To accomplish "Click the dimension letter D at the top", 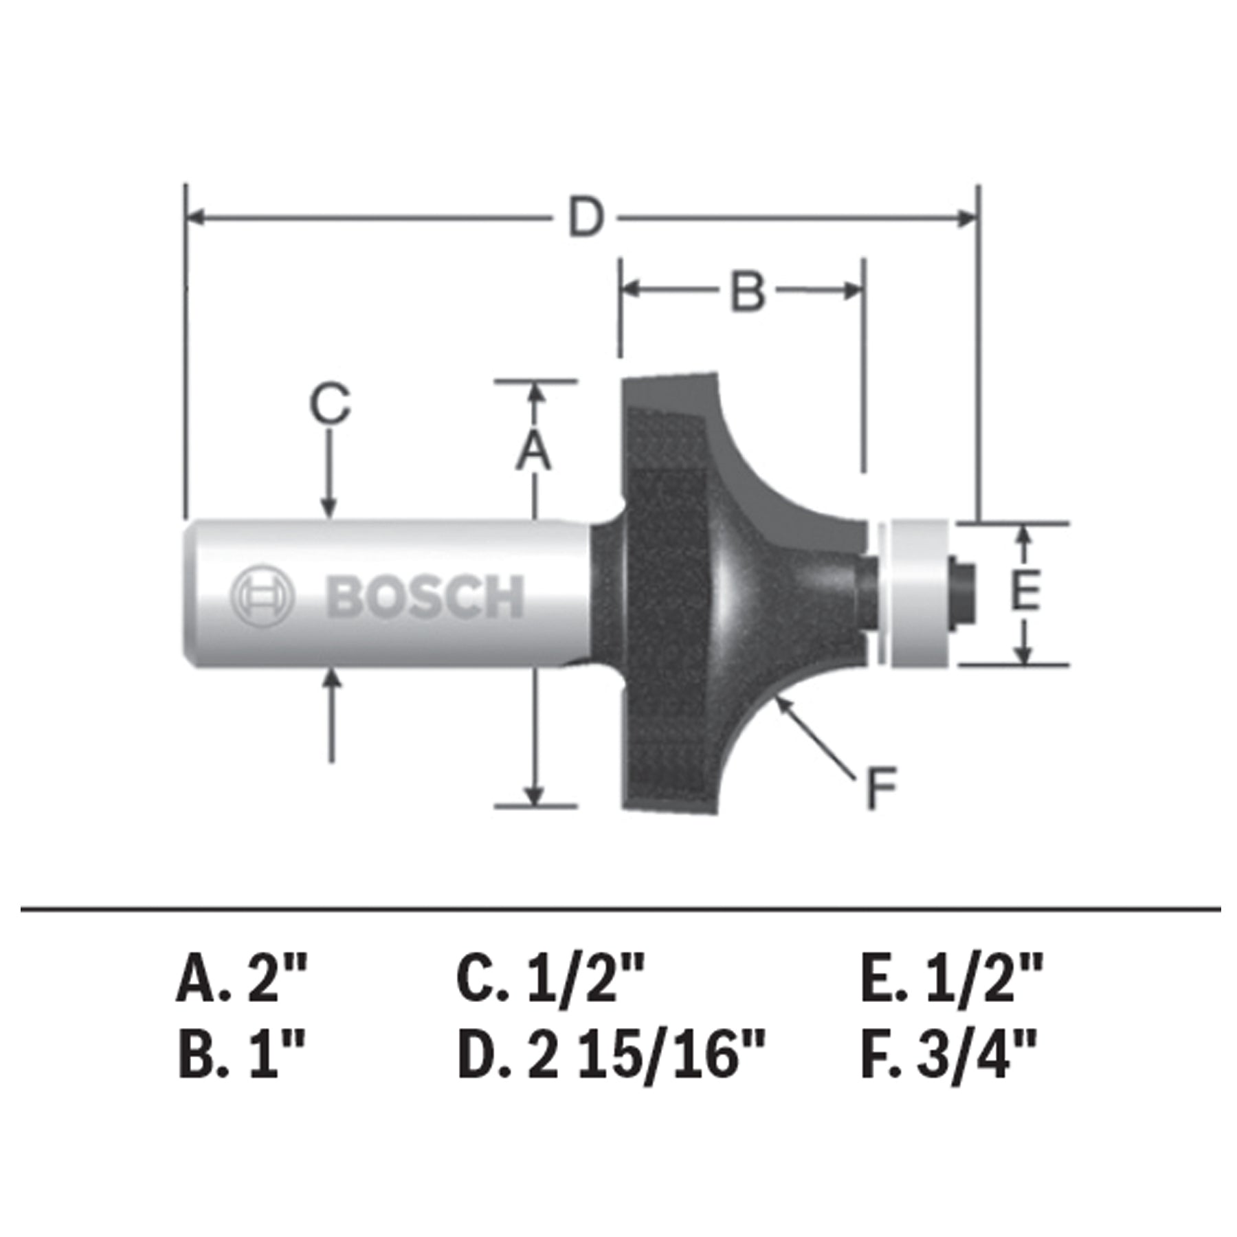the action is click(586, 217).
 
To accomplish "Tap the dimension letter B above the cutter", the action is click(748, 291).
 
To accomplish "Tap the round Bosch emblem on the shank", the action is click(261, 595).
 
